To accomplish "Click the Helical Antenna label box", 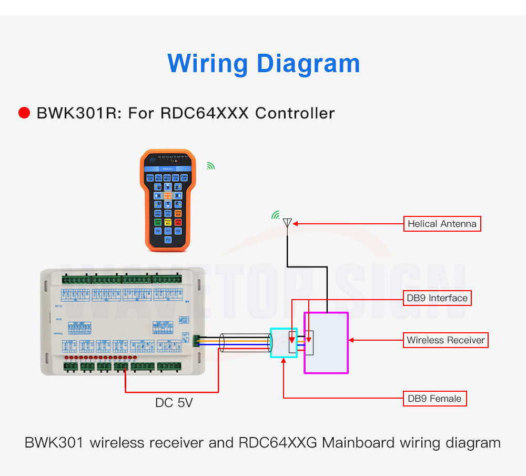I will (x=442, y=224).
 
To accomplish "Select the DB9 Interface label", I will (x=437, y=298).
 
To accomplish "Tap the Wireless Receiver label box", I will (x=446, y=340).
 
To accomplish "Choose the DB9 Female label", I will (x=434, y=399).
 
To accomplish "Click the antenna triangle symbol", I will (x=287, y=223).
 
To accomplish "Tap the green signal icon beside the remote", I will (x=210, y=166).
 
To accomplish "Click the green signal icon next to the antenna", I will (x=275, y=215).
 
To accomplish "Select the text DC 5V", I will (x=174, y=403).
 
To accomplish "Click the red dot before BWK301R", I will (x=24, y=113).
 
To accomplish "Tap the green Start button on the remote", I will (x=158, y=222).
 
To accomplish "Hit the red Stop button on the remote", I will (x=178, y=222).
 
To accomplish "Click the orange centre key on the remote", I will (x=168, y=195).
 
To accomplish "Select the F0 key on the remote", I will (x=158, y=231).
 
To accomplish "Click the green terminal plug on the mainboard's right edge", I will (x=197, y=341).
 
